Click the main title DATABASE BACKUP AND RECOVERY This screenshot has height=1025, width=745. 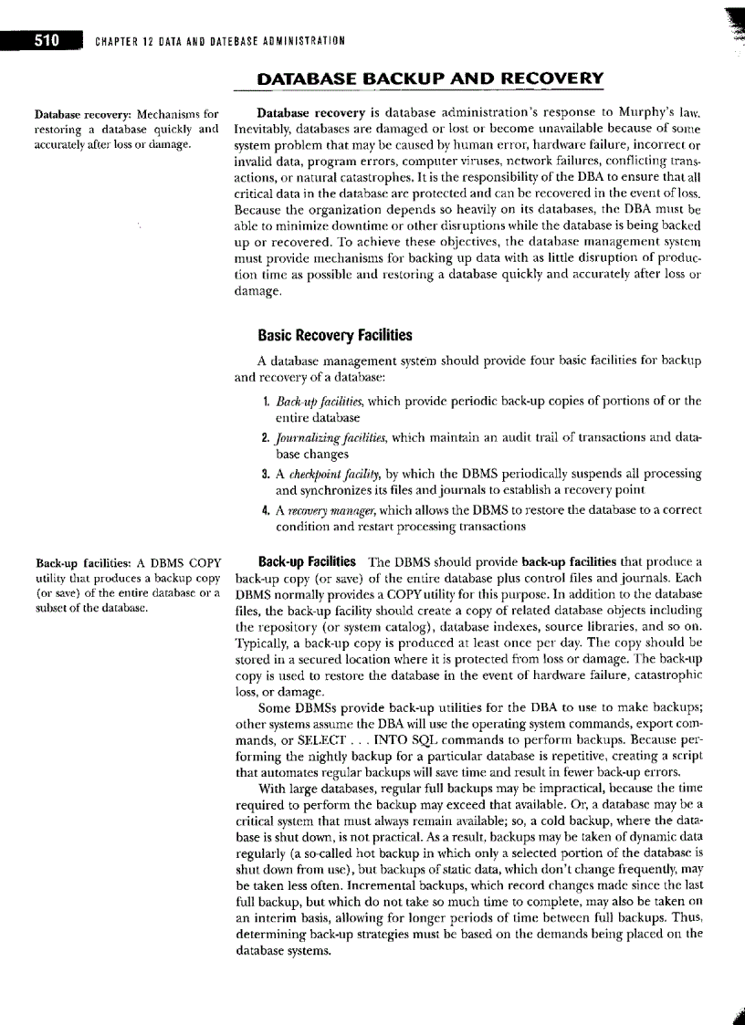417,78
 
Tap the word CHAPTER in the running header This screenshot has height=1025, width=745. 117,40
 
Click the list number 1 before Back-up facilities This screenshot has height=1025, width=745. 264,401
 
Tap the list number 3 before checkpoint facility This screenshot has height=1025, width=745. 264,474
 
